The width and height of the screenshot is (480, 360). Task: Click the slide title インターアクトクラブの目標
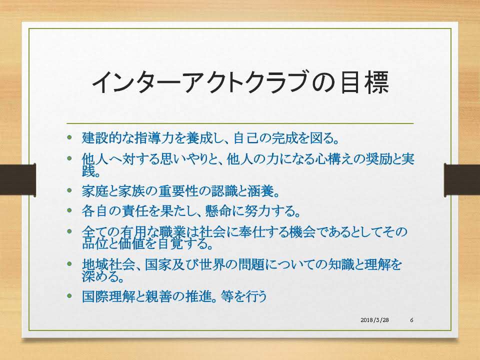coord(240,82)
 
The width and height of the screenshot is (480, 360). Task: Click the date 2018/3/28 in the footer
coord(374,320)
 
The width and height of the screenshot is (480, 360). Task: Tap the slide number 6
coord(411,320)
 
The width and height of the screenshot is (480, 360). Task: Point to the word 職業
coord(173,231)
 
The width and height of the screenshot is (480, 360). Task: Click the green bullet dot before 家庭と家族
coord(70,190)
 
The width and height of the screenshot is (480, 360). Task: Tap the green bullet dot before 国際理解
coord(70,296)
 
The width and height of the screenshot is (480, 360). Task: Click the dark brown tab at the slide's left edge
coord(18,179)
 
